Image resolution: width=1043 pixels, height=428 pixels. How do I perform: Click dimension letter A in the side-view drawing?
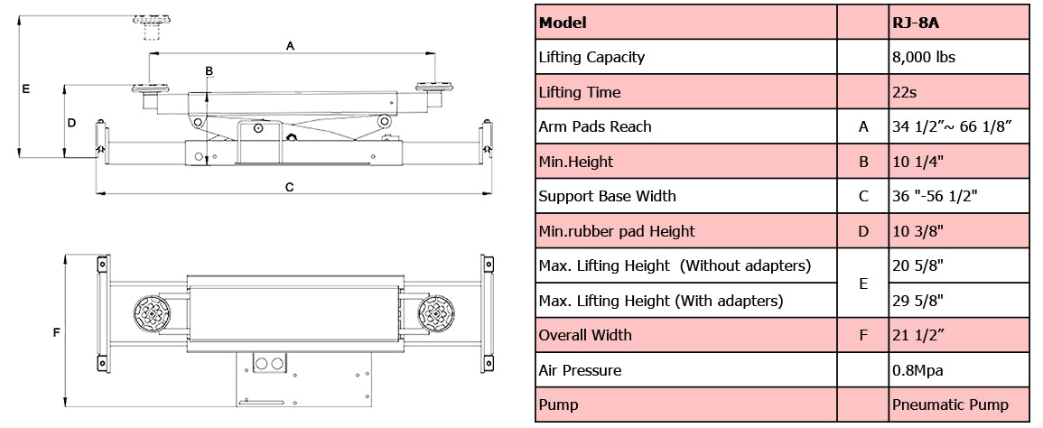pos(290,44)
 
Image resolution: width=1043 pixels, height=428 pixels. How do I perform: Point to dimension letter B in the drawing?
pos(209,70)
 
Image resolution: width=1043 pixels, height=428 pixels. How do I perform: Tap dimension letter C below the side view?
pos(289,187)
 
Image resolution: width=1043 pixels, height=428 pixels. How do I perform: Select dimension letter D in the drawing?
pos(71,121)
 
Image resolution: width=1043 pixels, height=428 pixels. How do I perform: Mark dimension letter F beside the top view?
pos(56,332)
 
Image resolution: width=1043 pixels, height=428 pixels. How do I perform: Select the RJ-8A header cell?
pos(958,23)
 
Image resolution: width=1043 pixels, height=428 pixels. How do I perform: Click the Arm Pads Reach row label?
pos(594,126)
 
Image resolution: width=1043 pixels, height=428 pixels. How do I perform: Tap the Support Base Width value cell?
pos(958,196)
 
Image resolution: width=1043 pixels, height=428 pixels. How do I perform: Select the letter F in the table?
pos(863,335)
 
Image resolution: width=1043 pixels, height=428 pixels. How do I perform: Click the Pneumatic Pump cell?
pos(958,405)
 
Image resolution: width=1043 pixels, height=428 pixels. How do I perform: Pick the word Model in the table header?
pos(563,23)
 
